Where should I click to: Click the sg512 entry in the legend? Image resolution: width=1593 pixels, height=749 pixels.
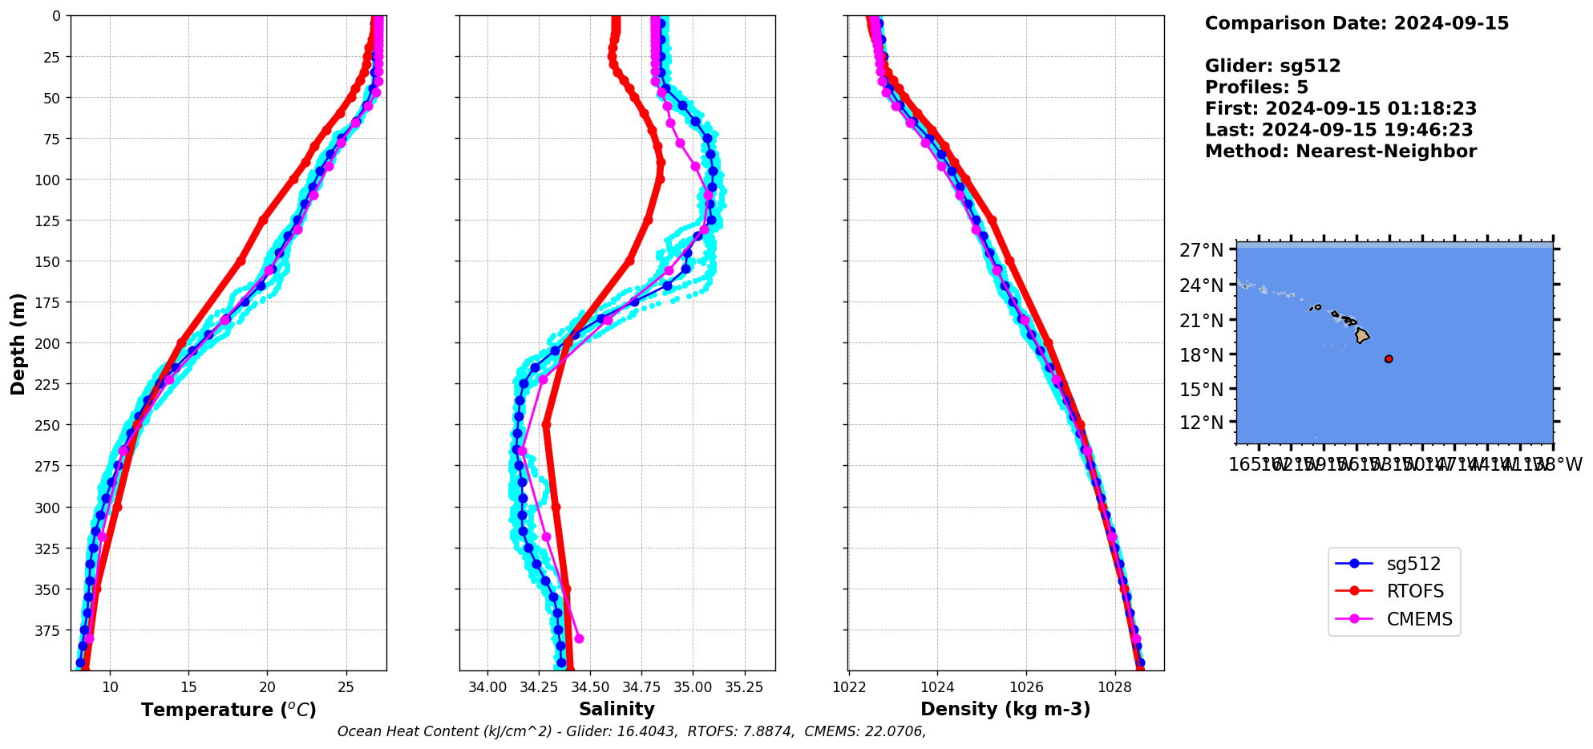[1413, 564]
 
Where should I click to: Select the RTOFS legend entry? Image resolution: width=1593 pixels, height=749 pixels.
[1415, 592]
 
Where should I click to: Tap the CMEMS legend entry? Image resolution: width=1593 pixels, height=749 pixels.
[1419, 619]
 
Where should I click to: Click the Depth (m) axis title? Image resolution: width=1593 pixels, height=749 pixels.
[18, 343]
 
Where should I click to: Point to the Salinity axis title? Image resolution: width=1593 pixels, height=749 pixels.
[617, 710]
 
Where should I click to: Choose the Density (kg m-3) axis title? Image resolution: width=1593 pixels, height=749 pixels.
[1005, 710]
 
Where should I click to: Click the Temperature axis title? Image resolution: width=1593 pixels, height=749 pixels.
[228, 710]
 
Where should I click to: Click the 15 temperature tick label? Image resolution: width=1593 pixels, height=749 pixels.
[188, 687]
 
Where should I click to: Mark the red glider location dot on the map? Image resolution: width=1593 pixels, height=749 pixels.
[1389, 359]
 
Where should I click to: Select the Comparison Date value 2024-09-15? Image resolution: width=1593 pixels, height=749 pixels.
[1451, 23]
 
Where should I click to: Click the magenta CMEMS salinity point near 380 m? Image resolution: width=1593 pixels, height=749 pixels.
[579, 639]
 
